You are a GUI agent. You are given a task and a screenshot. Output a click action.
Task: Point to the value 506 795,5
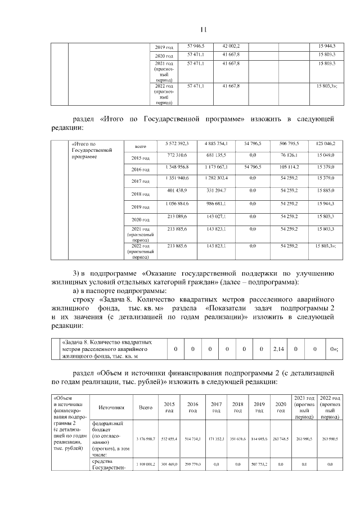[290, 145]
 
